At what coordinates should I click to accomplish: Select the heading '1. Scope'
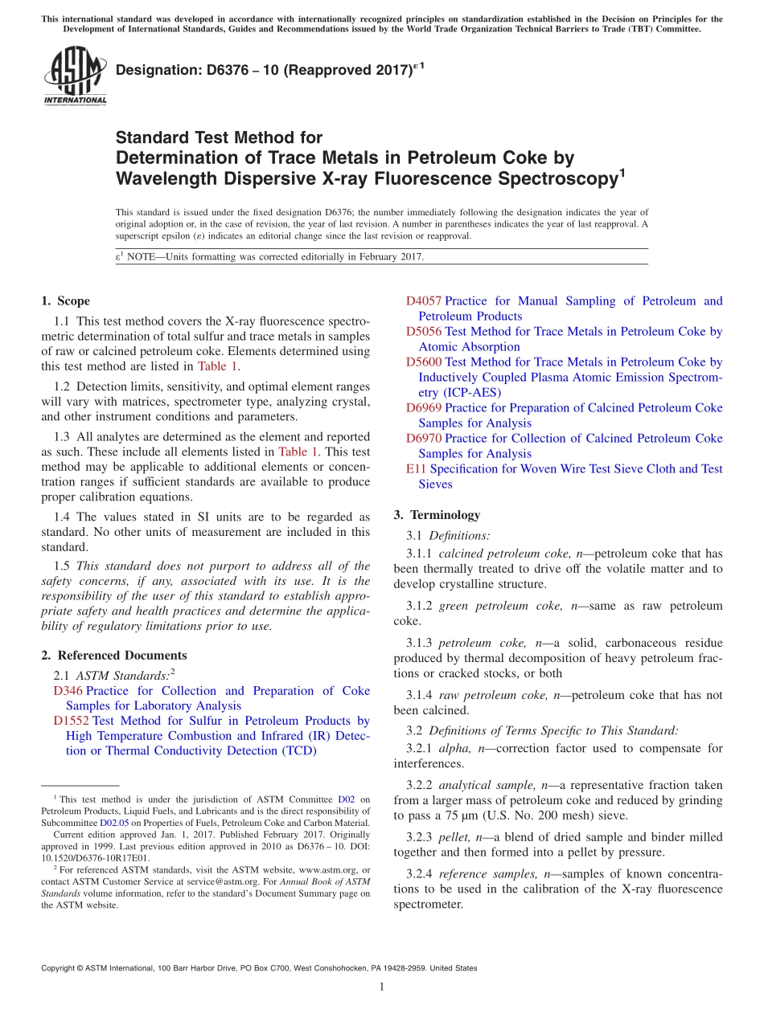point(65,301)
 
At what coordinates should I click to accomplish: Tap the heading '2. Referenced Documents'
point(113,656)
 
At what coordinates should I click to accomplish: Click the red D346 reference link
point(68,691)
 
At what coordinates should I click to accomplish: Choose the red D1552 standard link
point(71,721)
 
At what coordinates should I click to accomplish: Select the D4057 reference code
point(423,301)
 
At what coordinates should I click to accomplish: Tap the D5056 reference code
point(423,332)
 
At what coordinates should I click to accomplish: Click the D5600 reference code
point(423,362)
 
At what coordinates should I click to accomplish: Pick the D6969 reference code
point(423,408)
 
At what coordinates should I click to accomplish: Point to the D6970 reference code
point(423,439)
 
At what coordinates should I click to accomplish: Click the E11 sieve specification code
point(417,469)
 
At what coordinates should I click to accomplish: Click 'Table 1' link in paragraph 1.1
point(217,366)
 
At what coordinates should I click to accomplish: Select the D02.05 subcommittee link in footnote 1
point(113,823)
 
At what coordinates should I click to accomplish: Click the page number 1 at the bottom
point(382,987)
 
